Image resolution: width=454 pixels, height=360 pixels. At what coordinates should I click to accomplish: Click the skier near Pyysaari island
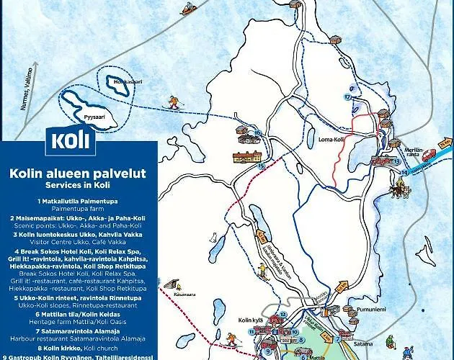tap(173, 102)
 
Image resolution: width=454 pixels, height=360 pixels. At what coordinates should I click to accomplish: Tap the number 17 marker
tap(347, 96)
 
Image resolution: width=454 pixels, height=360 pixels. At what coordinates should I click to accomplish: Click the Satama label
tap(363, 343)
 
